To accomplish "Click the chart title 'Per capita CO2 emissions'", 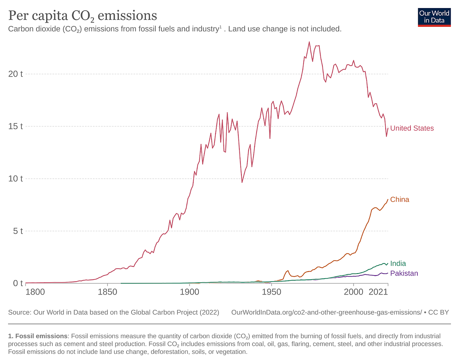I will click(x=83, y=16).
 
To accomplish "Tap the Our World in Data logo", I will click(x=434, y=16).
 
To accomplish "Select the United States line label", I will click(x=412, y=128).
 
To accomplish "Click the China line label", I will click(x=400, y=199).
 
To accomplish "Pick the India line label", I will click(x=398, y=264).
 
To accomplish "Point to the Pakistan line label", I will click(x=404, y=273).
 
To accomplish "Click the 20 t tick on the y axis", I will click(x=16, y=74).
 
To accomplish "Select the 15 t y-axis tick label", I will click(x=16, y=126).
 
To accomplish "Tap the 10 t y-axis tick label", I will click(x=16, y=179).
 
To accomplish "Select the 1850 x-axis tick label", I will click(x=107, y=292).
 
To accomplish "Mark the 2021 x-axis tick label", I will click(x=379, y=292).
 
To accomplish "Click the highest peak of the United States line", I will click(x=309, y=42).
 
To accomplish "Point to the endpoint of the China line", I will click(x=388, y=199).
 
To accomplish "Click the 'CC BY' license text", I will click(x=439, y=312).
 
